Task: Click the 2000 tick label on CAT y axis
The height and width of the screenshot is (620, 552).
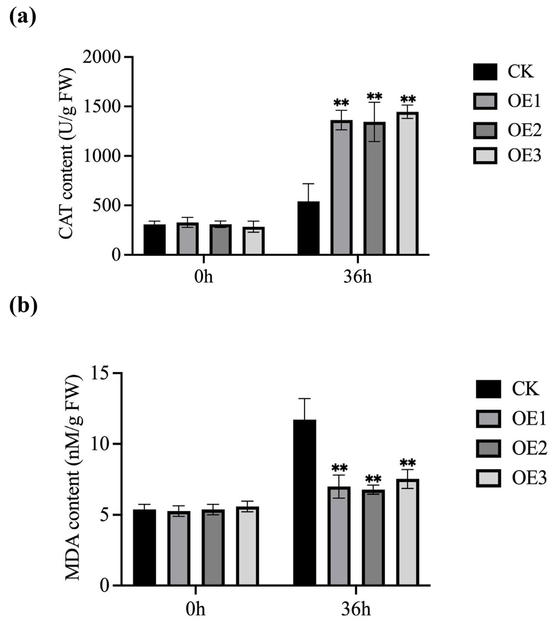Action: pyautogui.click(x=102, y=57)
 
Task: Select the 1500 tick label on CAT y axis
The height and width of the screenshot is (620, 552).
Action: pyautogui.click(x=102, y=107)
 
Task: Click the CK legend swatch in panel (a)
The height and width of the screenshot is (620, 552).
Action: pyautogui.click(x=485, y=72)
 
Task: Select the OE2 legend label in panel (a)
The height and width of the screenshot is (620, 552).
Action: pyautogui.click(x=524, y=130)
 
